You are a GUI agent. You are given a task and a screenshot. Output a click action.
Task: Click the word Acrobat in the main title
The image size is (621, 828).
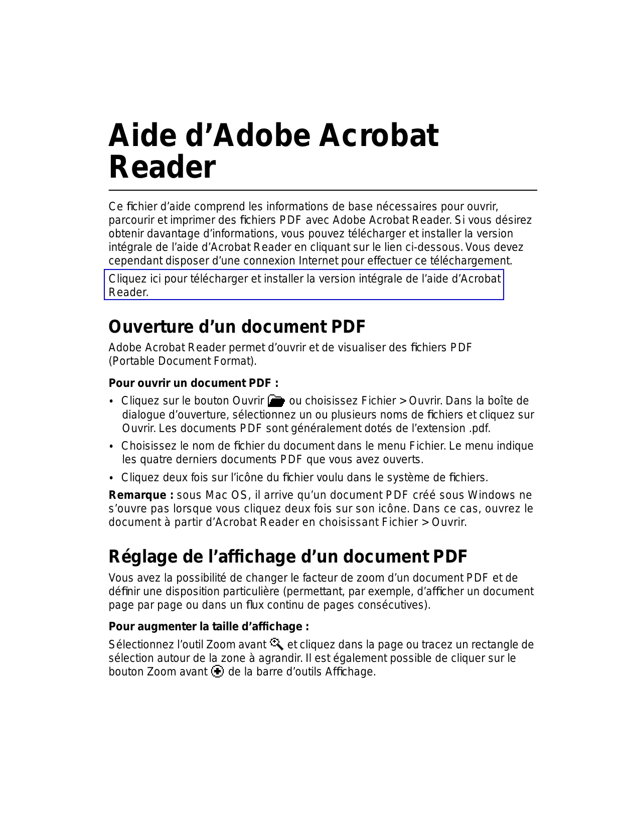point(379,135)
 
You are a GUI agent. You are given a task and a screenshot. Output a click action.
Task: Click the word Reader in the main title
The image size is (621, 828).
point(162,167)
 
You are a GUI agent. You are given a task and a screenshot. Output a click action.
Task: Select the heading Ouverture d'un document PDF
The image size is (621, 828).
point(237,327)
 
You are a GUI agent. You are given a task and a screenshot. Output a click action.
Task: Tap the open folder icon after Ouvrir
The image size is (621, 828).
point(276,400)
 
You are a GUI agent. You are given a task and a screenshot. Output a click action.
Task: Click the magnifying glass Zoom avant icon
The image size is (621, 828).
point(276,643)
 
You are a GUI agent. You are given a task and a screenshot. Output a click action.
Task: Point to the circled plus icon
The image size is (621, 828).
point(218,671)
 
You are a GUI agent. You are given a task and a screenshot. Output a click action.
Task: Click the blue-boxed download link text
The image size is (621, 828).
point(303,285)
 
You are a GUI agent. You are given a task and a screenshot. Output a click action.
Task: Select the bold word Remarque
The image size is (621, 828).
point(137,495)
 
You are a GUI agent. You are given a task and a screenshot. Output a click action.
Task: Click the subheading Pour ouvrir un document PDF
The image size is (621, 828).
point(193,383)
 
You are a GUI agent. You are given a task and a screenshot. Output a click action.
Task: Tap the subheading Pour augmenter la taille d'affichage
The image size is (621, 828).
point(209,626)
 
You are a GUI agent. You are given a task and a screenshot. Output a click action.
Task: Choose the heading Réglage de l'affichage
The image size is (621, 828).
point(287,557)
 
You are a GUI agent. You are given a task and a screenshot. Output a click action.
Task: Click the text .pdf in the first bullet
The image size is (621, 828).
point(479,429)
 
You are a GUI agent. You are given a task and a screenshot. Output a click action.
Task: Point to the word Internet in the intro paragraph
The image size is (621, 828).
point(319,261)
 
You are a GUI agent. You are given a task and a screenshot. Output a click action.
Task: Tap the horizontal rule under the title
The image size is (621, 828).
point(323,190)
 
